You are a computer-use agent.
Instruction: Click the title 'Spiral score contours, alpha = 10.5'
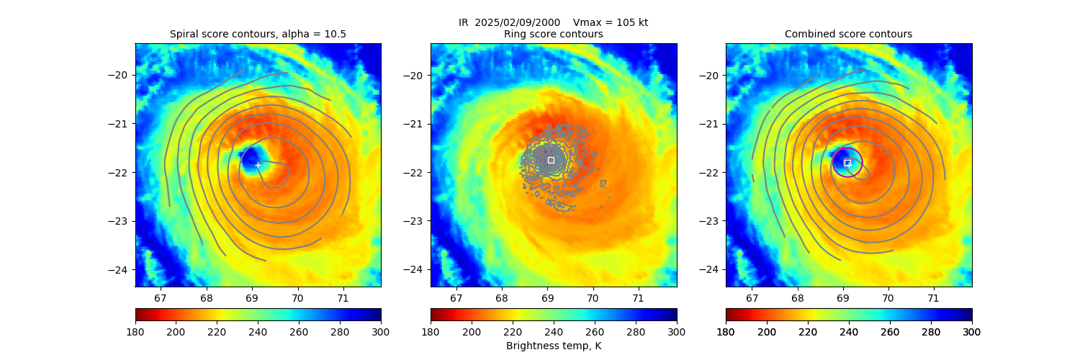tap(258, 34)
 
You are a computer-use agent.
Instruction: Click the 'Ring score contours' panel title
tap(553, 34)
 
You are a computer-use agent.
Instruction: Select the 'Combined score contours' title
tap(848, 34)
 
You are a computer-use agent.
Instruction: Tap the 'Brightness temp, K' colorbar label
tap(553, 346)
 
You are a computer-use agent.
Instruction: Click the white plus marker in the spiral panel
tap(258, 165)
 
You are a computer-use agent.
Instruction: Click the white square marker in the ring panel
tap(551, 160)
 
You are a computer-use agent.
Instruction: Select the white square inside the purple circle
tap(847, 163)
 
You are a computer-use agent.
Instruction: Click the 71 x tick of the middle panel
tap(638, 297)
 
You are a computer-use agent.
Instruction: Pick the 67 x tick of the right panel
tap(752, 297)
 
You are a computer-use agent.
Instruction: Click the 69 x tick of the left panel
tap(252, 297)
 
